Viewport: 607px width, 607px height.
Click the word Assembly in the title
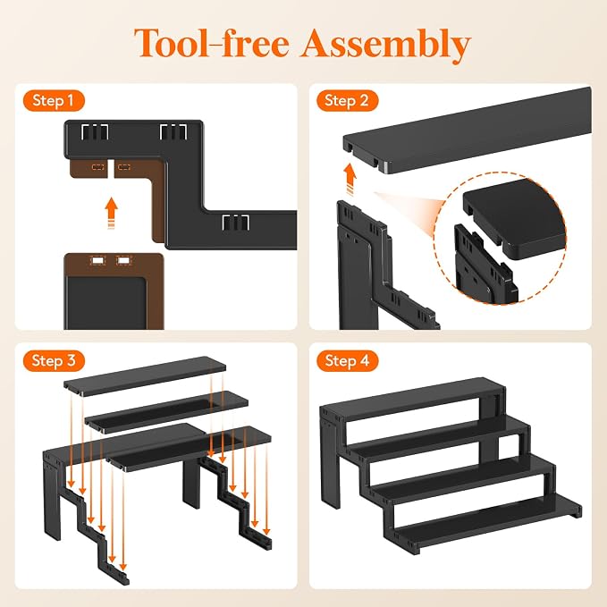click(386, 44)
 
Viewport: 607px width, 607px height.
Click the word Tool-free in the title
click(212, 42)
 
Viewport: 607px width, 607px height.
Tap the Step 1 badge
click(54, 101)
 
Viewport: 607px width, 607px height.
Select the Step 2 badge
click(347, 101)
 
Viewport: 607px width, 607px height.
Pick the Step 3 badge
click(54, 361)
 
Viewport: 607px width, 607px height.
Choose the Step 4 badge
click(347, 361)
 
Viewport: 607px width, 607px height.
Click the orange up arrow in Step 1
click(112, 213)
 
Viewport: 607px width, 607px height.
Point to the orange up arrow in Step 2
click(350, 179)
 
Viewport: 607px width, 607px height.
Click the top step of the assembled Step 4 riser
click(413, 399)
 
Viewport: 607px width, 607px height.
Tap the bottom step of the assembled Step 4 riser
click(488, 522)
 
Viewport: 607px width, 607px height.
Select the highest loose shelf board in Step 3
click(145, 375)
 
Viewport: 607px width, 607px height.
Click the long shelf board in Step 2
click(468, 130)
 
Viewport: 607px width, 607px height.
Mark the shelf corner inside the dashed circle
click(514, 219)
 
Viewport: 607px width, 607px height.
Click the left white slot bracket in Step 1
click(95, 132)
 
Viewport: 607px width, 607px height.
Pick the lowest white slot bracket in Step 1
click(235, 223)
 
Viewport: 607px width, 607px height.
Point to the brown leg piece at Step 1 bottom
click(114, 291)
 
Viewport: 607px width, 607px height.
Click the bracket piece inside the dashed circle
click(485, 263)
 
